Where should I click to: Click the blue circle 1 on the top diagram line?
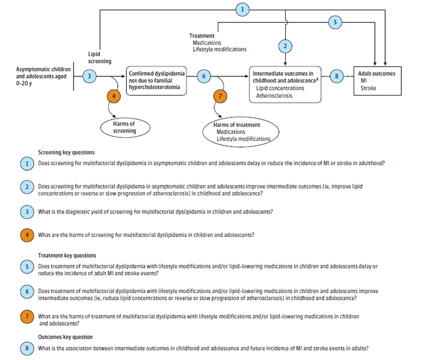point(242,10)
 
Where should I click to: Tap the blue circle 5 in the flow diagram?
point(335,22)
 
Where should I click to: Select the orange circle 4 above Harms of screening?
point(113,96)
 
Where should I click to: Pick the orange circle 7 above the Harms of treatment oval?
point(220,96)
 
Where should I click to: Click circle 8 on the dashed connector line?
point(336,76)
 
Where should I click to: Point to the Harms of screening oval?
point(125,127)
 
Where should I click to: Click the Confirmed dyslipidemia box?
point(156,81)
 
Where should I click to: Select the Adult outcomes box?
point(378,81)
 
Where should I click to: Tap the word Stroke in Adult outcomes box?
point(368,88)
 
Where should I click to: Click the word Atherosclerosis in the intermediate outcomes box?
point(274,95)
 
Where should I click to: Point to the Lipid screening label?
point(99,58)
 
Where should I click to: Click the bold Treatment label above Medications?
point(202,36)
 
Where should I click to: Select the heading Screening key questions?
point(66,152)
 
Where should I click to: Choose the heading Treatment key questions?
point(67,255)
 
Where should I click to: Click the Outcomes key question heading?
point(65,337)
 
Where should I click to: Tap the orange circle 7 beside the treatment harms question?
point(27,317)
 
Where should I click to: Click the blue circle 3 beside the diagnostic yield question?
point(27,212)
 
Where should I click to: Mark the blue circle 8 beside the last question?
point(27,348)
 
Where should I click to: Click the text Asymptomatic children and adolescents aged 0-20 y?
point(43,76)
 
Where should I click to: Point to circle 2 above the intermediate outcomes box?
point(285,46)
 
